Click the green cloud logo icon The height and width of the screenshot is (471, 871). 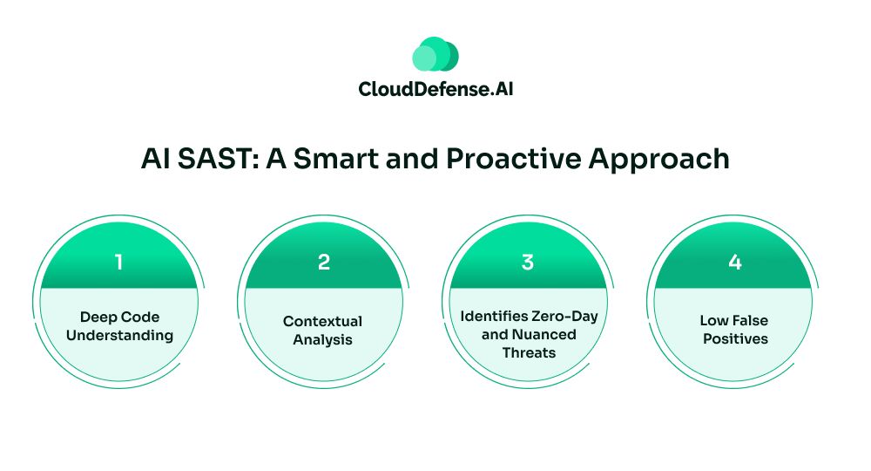435,54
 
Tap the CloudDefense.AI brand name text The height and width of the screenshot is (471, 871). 435,89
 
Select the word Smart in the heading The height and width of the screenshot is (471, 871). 335,159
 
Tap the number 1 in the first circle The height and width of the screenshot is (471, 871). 118,262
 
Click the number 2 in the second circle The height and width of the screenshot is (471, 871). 324,262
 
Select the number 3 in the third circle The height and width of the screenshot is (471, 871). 528,262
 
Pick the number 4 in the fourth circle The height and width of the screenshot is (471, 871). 735,262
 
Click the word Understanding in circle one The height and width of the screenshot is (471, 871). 120,336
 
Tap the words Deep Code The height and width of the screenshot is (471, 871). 120,317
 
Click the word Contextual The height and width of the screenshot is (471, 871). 323,322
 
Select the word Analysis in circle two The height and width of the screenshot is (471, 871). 323,340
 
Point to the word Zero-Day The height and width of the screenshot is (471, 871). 564,317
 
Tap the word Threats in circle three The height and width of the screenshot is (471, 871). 529,353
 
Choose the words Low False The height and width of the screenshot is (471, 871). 734,321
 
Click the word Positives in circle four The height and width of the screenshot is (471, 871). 735,339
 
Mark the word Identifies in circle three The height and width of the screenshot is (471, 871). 494,317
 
